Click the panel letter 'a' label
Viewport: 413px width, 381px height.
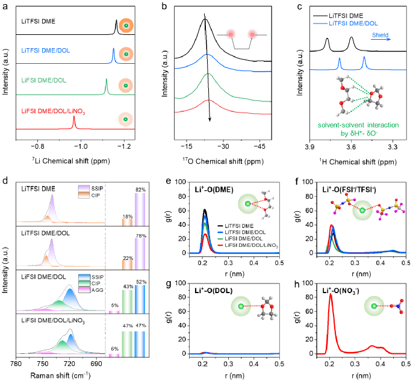pyautogui.click(x=5, y=6)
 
